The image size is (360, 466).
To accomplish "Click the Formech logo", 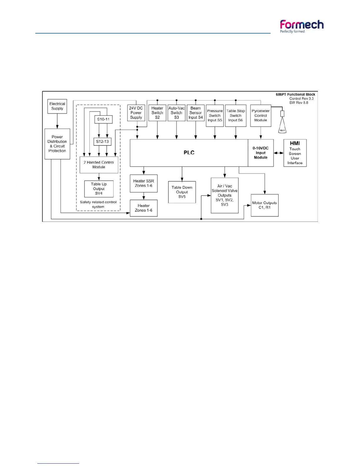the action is tap(302, 26).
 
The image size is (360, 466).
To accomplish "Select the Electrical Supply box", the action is tap(57, 106).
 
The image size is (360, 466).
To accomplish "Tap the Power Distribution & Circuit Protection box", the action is tap(57, 144).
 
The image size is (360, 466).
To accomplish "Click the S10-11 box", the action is tap(103, 119).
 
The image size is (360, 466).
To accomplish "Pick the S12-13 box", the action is tap(102, 142).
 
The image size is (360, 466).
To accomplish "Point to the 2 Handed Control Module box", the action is tap(99, 165).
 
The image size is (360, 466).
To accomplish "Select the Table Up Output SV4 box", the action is tap(99, 189).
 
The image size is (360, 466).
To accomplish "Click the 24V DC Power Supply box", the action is tap(136, 113).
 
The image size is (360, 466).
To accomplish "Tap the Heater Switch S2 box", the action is tap(157, 113).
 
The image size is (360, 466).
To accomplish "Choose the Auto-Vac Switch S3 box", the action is tap(176, 113).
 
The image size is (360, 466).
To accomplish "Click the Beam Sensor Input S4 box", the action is tap(196, 113).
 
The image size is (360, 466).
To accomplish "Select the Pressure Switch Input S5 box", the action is tap(215, 116).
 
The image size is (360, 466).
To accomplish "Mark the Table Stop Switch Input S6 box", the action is tap(236, 116).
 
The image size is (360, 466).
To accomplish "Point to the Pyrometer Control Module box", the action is tap(261, 116).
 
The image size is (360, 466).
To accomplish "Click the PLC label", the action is tap(189, 153).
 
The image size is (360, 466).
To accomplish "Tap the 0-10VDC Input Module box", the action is tap(261, 153).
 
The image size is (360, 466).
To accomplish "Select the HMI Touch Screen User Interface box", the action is tap(295, 153).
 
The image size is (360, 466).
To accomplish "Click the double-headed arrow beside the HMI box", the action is tap(279, 153).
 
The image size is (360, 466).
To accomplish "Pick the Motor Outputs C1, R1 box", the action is tap(264, 205).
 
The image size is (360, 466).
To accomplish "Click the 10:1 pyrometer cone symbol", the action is tap(282, 127).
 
